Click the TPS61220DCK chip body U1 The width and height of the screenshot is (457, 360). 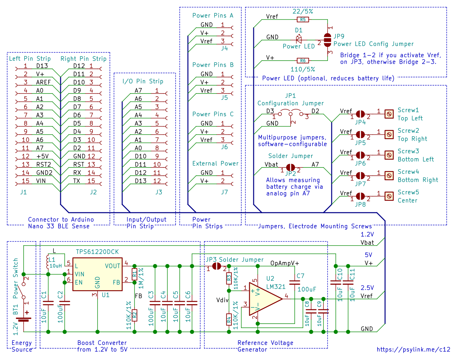(x=97, y=274)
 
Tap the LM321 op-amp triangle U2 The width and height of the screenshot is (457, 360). (x=265, y=299)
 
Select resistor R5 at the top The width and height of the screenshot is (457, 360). (x=303, y=20)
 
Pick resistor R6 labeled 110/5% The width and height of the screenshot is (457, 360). (x=303, y=61)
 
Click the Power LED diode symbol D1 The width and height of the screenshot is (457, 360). (x=299, y=40)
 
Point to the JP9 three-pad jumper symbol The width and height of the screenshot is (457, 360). (x=327, y=40)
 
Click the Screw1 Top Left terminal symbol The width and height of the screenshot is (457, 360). (x=389, y=114)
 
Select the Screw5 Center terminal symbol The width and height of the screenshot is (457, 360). (x=389, y=196)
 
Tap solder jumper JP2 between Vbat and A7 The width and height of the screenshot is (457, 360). (x=290, y=167)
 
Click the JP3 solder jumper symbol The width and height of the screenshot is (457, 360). (x=217, y=266)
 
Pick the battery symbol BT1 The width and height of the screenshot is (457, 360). (x=24, y=319)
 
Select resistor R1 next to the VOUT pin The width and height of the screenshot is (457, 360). (x=134, y=274)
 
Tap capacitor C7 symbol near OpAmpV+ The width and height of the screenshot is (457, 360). (x=294, y=283)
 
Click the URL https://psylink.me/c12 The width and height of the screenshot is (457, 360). (x=413, y=349)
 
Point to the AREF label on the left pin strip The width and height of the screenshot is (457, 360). (x=43, y=82)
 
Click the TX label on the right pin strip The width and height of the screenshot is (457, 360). (x=76, y=181)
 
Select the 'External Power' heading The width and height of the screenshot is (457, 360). (x=215, y=163)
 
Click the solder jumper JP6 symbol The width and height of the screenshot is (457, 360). (x=360, y=155)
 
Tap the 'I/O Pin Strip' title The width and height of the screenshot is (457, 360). (x=143, y=81)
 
